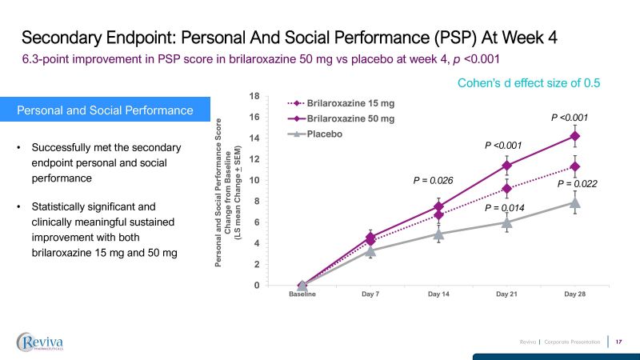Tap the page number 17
(618, 342)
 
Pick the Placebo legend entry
(324, 134)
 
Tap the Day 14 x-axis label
(438, 295)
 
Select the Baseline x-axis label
(302, 295)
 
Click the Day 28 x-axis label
(574, 295)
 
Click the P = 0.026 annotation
(433, 181)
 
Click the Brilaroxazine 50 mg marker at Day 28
(574, 136)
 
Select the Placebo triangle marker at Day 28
(574, 202)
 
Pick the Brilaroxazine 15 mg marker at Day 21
(506, 189)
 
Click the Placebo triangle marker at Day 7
(370, 250)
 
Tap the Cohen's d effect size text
(528, 82)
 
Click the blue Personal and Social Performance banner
(105, 110)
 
